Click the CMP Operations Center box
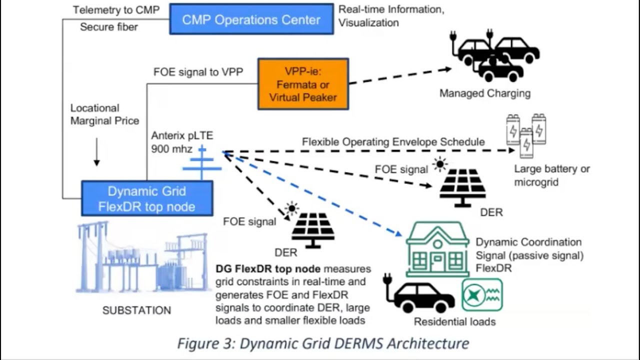tap(251, 19)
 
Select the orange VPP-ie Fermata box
tap(303, 84)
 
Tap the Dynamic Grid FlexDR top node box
tap(147, 198)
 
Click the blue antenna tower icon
tap(202, 162)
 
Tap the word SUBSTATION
tap(136, 310)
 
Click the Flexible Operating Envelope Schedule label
tap(393, 142)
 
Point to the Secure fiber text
tap(108, 27)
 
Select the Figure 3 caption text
tap(323, 343)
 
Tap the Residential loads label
tap(454, 321)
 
